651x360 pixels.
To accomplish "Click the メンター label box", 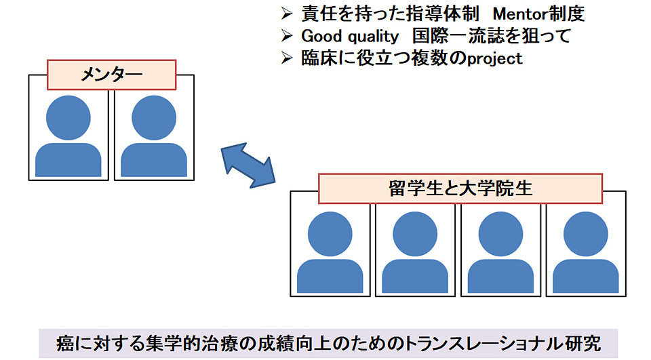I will click(112, 75).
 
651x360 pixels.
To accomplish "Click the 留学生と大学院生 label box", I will click(460, 188).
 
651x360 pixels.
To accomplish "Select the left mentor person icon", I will click(68, 136).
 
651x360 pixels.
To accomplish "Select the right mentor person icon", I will click(153, 136).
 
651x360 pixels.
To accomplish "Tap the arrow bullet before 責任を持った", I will click(287, 13).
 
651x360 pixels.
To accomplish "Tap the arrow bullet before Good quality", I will click(287, 35).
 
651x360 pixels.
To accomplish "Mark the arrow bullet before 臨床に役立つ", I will click(287, 58).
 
